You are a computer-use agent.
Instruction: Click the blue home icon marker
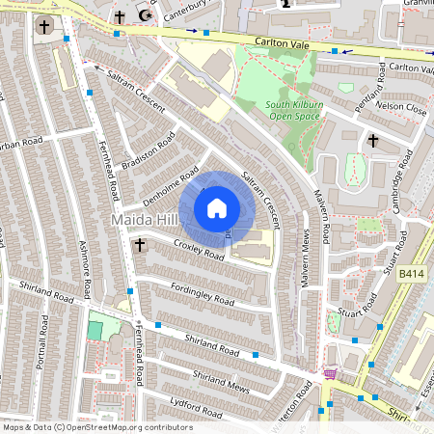pyautogui.click(x=217, y=207)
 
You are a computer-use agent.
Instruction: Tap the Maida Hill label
pyautogui.click(x=142, y=222)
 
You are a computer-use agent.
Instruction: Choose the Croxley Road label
pyautogui.click(x=199, y=251)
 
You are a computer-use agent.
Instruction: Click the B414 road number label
pyautogui.click(x=412, y=275)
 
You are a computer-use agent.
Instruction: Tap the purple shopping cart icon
pyautogui.click(x=331, y=374)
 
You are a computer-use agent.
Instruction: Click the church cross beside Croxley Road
pyautogui.click(x=139, y=245)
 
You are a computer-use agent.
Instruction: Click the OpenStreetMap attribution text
pyautogui.click(x=96, y=427)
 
